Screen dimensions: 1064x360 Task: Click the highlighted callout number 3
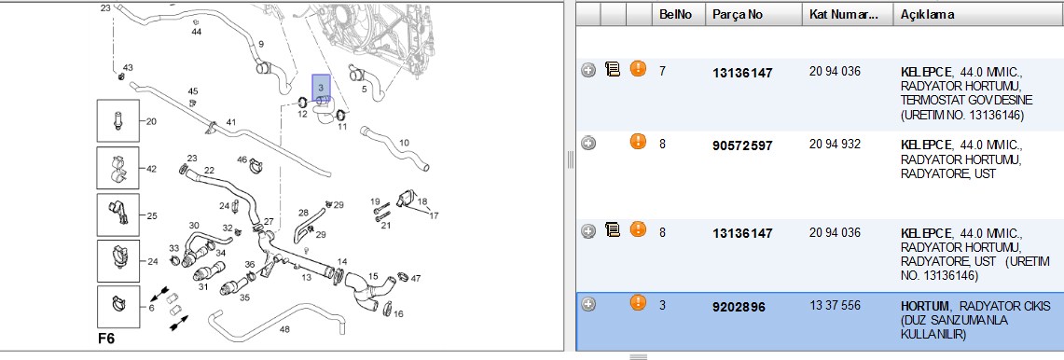[x=321, y=88]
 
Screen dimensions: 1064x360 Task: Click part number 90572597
[x=742, y=145]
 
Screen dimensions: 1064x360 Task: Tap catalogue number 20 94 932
[x=835, y=144]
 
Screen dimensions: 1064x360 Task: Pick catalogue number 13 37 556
[x=835, y=306]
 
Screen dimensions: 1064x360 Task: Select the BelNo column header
[x=675, y=14]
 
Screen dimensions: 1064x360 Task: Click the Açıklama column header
[x=927, y=14]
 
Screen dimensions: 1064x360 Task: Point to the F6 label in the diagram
[x=107, y=339]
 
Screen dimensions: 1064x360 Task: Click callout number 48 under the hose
[x=284, y=330]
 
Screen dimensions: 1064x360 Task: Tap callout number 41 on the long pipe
[x=231, y=122]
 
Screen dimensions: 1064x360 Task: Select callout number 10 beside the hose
[x=404, y=143]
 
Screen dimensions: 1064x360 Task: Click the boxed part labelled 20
[x=118, y=121]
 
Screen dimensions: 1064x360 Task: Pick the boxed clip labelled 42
[x=118, y=168]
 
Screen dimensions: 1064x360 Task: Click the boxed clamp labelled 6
[x=118, y=307]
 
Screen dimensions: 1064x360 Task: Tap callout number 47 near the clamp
[x=416, y=278]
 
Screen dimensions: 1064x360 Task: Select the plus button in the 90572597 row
[x=589, y=144]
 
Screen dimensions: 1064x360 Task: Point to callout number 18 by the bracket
[x=422, y=201]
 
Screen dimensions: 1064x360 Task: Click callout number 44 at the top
[x=196, y=32]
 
